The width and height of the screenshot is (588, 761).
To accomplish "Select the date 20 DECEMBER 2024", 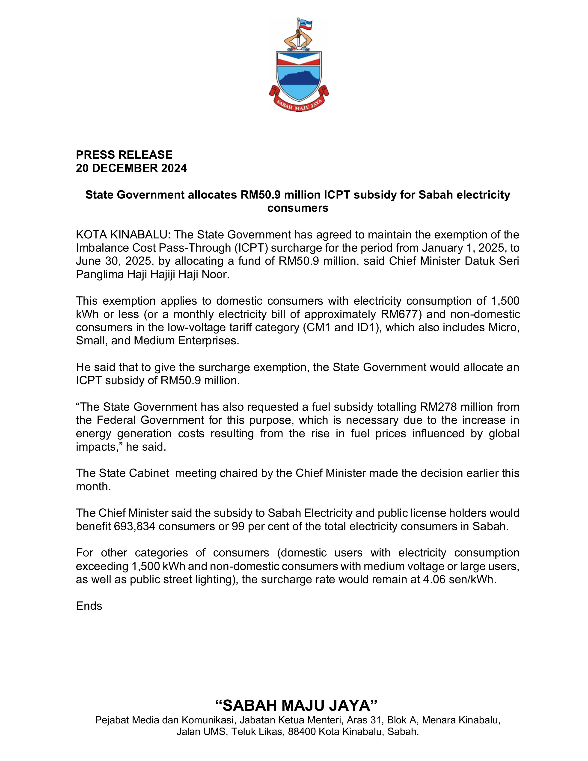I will coord(131,168).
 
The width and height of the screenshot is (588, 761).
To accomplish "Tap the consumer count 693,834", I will coord(134,526).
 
